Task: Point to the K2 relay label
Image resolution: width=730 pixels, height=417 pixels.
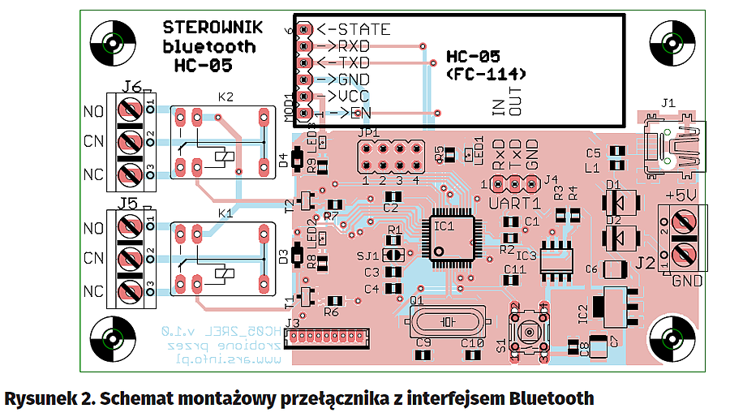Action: click(x=225, y=97)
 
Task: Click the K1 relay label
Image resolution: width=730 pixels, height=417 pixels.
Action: click(x=225, y=213)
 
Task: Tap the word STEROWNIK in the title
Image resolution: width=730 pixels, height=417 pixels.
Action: click(x=213, y=28)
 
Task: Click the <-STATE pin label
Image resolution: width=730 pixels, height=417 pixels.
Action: click(x=354, y=30)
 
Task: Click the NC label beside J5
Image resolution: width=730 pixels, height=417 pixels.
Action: click(x=94, y=290)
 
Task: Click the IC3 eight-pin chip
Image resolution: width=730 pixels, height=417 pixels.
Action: click(x=557, y=258)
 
